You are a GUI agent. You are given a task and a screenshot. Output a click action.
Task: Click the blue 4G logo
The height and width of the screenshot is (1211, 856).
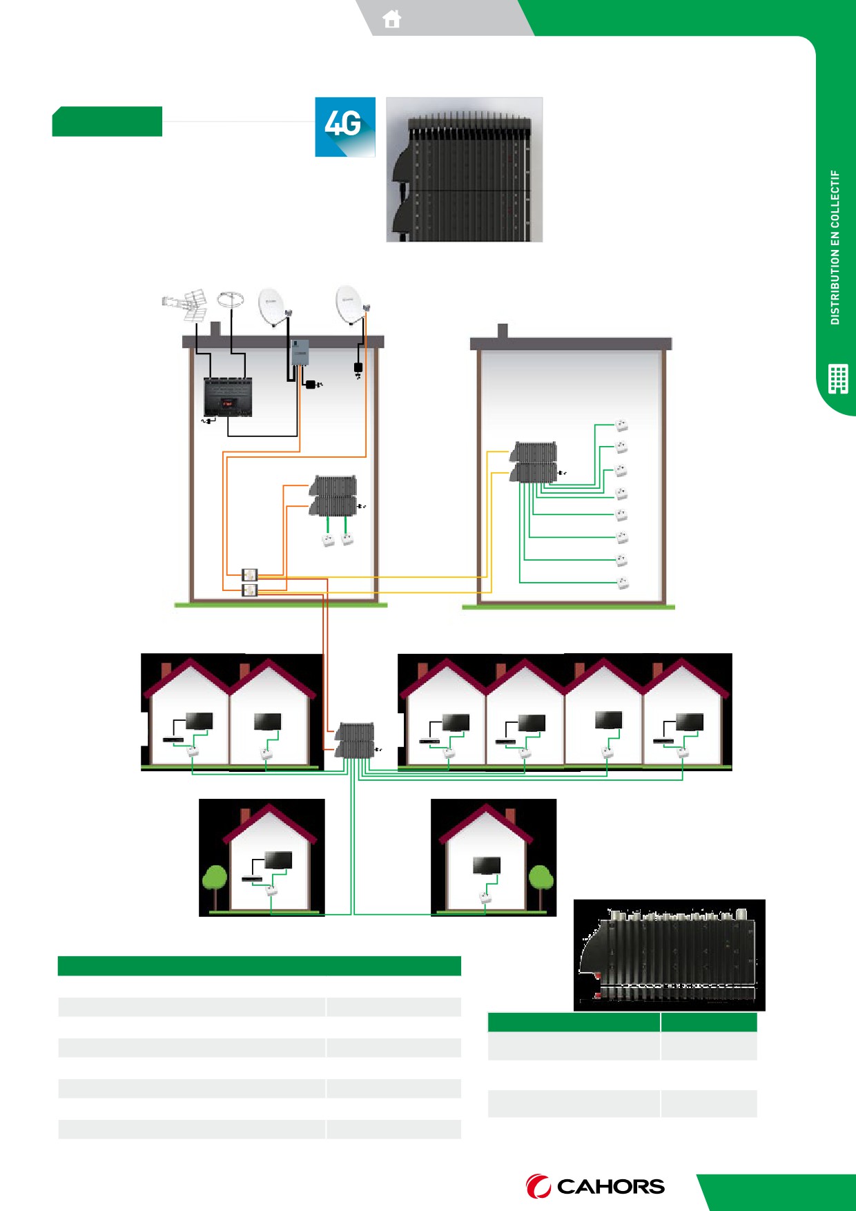pyautogui.click(x=345, y=127)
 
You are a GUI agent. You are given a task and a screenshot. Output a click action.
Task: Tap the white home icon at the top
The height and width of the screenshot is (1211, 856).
pyautogui.click(x=392, y=19)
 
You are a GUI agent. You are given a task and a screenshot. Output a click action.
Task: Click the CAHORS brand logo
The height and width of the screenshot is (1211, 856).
pyautogui.click(x=595, y=1186)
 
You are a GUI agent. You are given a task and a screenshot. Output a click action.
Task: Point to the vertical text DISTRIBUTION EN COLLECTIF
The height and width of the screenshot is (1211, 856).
pyautogui.click(x=835, y=247)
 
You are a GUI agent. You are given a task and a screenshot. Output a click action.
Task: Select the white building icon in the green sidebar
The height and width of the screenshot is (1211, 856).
pyautogui.click(x=838, y=378)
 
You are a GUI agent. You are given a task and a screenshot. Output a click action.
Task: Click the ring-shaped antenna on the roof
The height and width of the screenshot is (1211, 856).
pyautogui.click(x=231, y=300)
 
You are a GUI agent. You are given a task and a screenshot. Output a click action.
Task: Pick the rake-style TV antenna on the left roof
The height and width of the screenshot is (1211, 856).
pyautogui.click(x=186, y=305)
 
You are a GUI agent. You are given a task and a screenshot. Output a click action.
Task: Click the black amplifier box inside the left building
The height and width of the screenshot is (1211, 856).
pyautogui.click(x=228, y=397)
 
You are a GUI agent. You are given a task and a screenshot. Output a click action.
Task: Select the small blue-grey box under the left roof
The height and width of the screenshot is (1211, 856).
pyautogui.click(x=299, y=352)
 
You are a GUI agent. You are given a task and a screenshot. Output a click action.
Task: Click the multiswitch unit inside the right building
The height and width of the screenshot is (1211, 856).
pyautogui.click(x=534, y=462)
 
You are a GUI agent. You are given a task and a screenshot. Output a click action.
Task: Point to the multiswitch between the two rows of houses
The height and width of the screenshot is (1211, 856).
pyautogui.click(x=355, y=740)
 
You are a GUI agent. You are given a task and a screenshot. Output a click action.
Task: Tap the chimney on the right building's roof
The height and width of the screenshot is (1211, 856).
pyautogui.click(x=503, y=331)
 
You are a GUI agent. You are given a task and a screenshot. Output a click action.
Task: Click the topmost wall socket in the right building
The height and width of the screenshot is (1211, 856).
pyautogui.click(x=621, y=425)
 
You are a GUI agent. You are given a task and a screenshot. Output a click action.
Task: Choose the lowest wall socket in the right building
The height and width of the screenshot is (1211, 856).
pyautogui.click(x=622, y=582)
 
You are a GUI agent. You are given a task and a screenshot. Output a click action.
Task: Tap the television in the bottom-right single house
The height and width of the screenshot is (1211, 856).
pyautogui.click(x=487, y=865)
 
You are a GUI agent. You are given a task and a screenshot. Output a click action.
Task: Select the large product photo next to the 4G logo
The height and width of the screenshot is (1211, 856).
pyautogui.click(x=465, y=170)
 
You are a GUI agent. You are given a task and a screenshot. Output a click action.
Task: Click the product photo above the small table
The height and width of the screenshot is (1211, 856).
pyautogui.click(x=670, y=955)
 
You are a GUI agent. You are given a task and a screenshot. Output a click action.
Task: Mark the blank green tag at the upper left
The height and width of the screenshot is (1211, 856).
pyautogui.click(x=107, y=122)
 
